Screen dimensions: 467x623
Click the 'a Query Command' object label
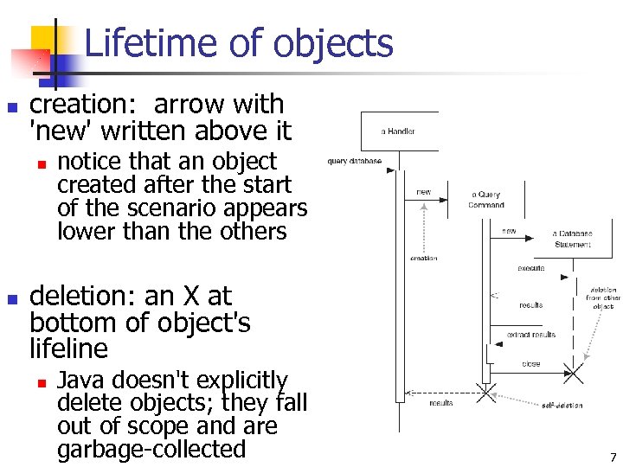coord(485,200)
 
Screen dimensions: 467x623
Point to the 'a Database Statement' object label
coord(573,239)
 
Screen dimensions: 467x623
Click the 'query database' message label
coord(354,161)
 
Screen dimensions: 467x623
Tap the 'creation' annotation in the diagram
coord(423,258)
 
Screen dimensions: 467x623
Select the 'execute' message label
coord(530,268)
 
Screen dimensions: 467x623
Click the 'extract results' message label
coord(530,335)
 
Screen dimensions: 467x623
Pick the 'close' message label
coord(530,364)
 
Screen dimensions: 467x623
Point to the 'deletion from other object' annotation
coord(602,298)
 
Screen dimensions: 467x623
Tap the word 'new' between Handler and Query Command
coord(424,192)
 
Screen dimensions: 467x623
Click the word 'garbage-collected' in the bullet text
coord(151,450)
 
